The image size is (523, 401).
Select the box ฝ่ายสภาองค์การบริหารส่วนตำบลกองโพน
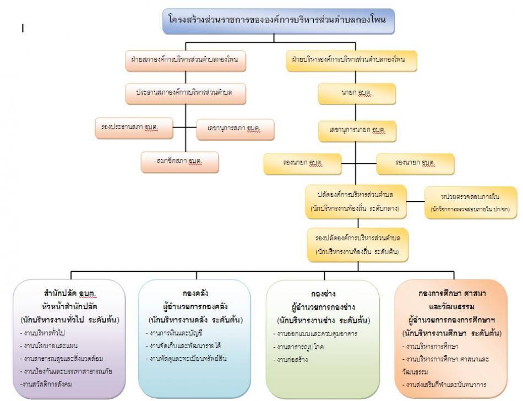point(184,59)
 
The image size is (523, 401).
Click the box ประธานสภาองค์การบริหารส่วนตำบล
point(184,92)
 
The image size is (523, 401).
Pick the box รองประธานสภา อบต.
point(133,129)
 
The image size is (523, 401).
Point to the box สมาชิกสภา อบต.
point(179,162)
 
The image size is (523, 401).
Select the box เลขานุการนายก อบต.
point(357,130)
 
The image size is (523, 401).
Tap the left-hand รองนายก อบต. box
point(301,163)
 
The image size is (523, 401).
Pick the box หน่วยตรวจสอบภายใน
point(470,201)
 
